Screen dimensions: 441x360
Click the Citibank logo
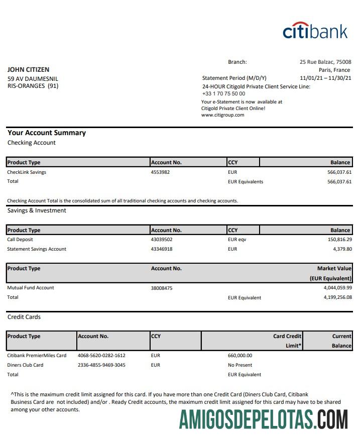(x=315, y=31)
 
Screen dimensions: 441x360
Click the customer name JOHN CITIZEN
(x=28, y=70)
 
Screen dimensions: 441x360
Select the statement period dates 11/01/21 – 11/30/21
(x=325, y=78)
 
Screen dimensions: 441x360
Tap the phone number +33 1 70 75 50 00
(x=223, y=93)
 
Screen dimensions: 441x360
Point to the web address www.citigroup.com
(x=222, y=115)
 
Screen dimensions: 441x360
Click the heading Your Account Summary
(x=47, y=133)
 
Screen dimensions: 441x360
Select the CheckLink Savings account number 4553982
(x=160, y=172)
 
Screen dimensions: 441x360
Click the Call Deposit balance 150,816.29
(x=339, y=240)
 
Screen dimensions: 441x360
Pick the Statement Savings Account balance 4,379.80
(x=341, y=249)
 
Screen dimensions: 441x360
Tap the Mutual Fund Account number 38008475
(x=162, y=288)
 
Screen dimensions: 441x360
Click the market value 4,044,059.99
(x=338, y=288)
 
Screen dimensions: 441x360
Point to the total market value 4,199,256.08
(x=338, y=297)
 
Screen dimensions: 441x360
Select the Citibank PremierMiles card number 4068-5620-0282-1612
(x=101, y=356)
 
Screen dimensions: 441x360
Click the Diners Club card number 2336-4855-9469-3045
(x=101, y=365)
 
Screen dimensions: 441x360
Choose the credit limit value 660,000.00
(x=240, y=356)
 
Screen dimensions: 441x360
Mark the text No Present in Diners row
(x=240, y=365)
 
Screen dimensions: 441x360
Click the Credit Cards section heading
(x=24, y=317)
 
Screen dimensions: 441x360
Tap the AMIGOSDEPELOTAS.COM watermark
(x=263, y=419)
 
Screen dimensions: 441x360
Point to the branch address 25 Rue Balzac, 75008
(x=325, y=62)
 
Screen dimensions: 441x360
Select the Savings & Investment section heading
(x=37, y=210)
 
